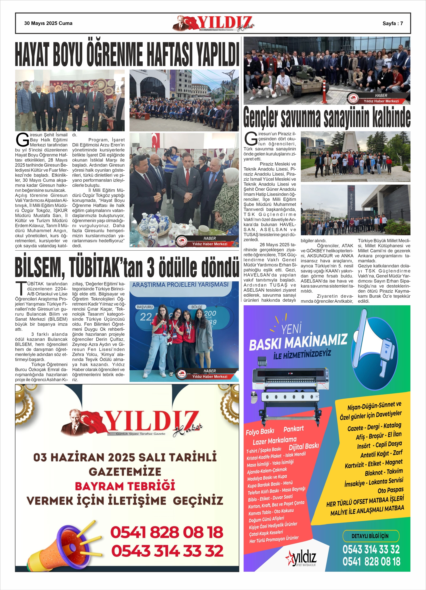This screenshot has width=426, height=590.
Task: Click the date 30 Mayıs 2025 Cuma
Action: point(48,23)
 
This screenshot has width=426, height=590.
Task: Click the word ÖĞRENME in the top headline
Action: point(114,53)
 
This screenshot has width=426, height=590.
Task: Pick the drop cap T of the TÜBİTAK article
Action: point(21,288)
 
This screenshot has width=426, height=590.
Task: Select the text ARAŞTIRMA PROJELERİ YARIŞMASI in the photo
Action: point(180,285)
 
